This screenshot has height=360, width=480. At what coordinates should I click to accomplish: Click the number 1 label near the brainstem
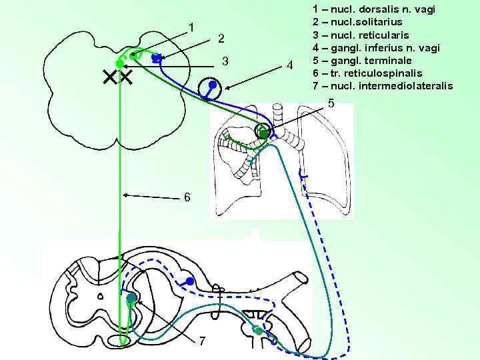pyautogui.click(x=192, y=27)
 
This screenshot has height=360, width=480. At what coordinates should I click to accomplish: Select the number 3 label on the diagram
pyautogui.click(x=225, y=62)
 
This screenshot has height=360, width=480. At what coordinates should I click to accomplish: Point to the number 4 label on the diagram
pyautogui.click(x=289, y=65)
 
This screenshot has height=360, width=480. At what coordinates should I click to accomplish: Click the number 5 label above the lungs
pyautogui.click(x=332, y=103)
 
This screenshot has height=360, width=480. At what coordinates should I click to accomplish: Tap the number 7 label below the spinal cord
pyautogui.click(x=203, y=341)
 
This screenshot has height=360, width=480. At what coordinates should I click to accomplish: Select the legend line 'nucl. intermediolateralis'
pyautogui.click(x=382, y=86)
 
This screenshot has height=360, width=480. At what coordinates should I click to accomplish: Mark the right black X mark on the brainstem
pyautogui.click(x=125, y=78)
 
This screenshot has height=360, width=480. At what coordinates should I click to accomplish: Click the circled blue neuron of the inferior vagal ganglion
pyautogui.click(x=211, y=87)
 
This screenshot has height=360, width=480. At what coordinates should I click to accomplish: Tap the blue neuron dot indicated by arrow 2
pyautogui.click(x=155, y=59)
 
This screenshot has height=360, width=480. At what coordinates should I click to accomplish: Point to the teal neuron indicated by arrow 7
pyautogui.click(x=132, y=298)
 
